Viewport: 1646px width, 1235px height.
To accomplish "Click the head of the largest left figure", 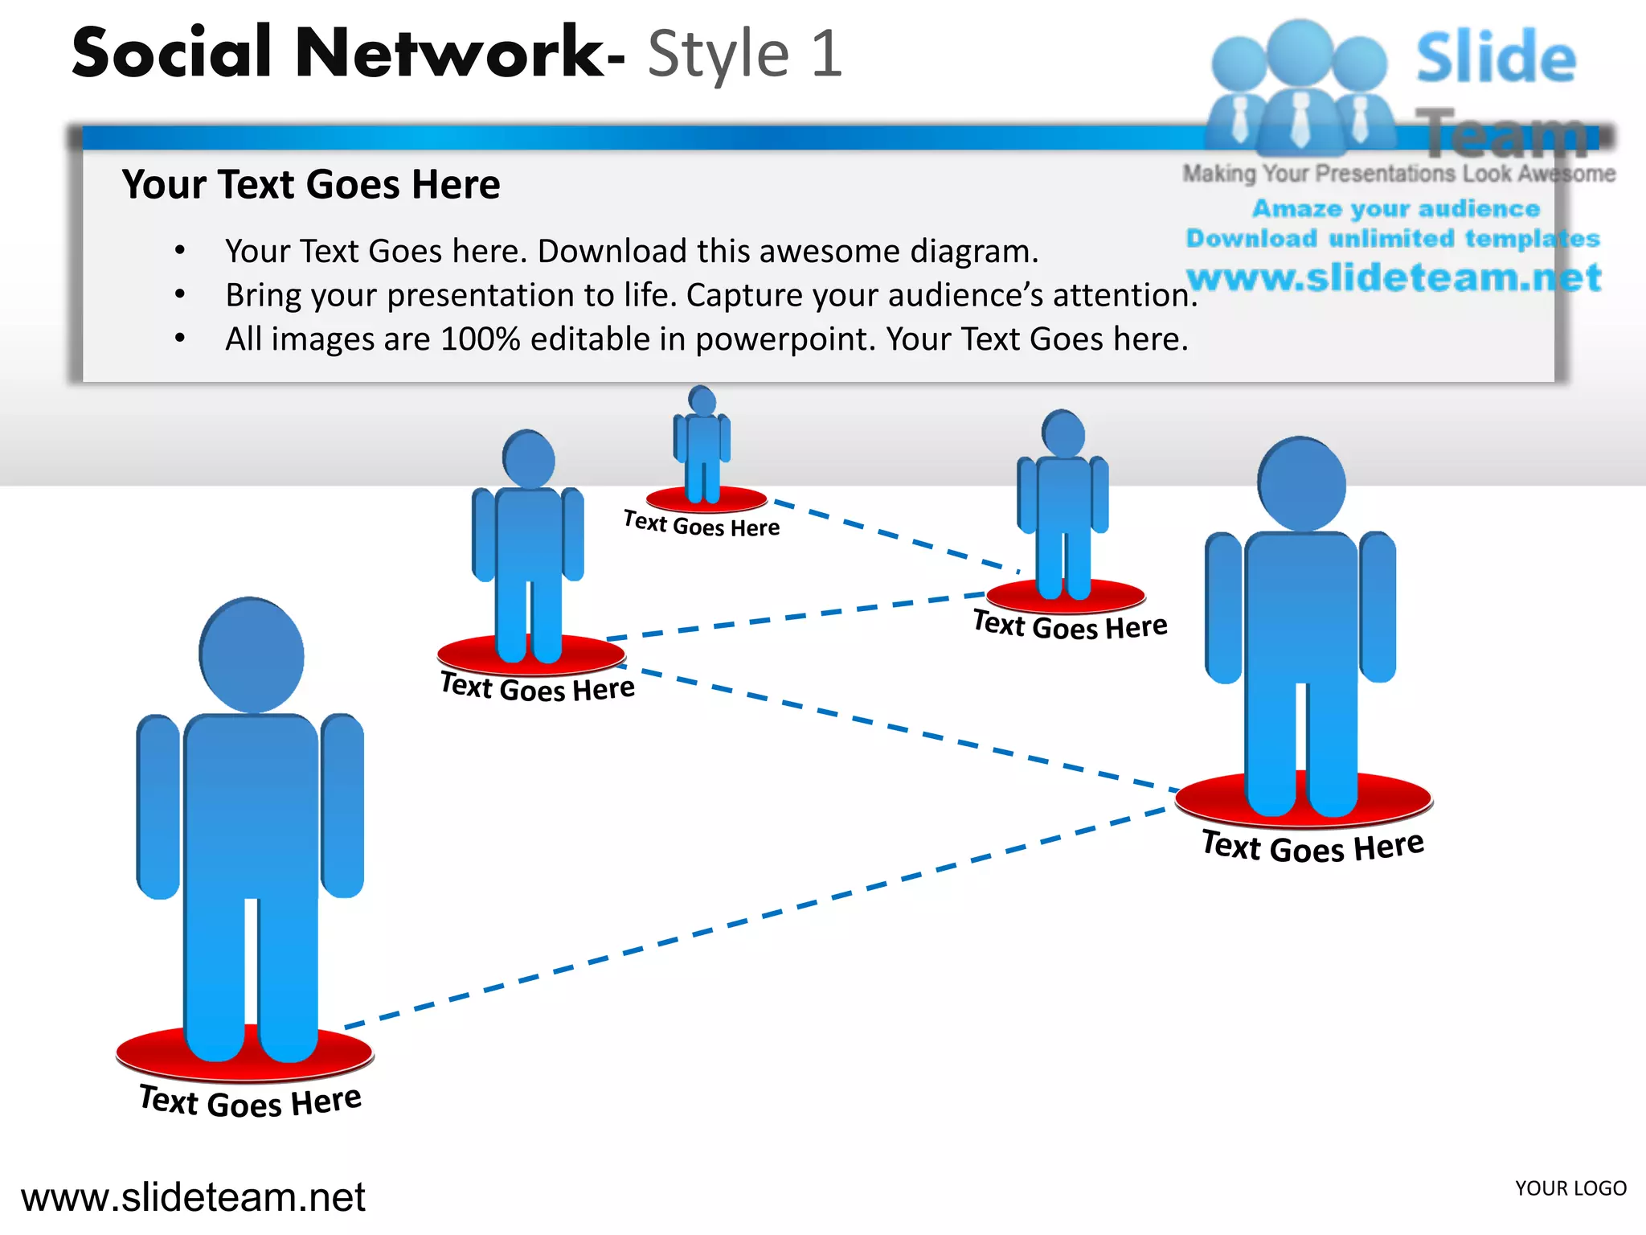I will (x=252, y=655).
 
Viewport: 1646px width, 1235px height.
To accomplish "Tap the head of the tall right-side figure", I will (x=1301, y=484).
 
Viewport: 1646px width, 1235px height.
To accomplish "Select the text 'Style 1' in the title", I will (x=745, y=55).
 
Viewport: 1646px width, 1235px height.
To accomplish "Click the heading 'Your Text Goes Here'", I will (x=311, y=184).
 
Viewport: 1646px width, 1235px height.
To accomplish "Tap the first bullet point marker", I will (x=180, y=252).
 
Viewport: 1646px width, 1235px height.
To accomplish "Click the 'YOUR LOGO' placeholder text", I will (x=1570, y=1188).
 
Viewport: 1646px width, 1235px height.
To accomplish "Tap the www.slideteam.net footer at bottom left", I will (x=193, y=1197).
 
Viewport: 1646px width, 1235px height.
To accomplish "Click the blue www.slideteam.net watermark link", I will (x=1394, y=277).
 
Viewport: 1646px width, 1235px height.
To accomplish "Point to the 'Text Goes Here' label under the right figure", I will (x=1312, y=847).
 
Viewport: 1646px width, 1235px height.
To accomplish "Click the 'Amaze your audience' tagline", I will (x=1396, y=209).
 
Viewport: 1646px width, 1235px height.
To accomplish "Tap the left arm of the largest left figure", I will (x=158, y=804).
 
